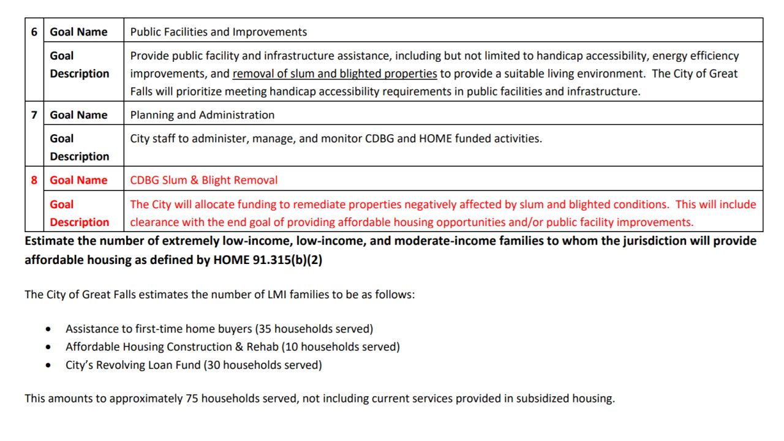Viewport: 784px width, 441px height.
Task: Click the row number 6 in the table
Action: pyautogui.click(x=34, y=32)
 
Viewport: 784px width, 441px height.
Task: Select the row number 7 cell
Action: pyautogui.click(x=34, y=115)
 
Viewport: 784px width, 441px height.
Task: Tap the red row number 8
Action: pyautogui.click(x=34, y=180)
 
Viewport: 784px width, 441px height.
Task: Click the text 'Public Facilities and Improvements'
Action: pyautogui.click(x=219, y=32)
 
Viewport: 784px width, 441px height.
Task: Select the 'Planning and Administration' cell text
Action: pyautogui.click(x=202, y=115)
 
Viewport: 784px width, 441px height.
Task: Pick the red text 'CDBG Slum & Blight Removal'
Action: pyautogui.click(x=203, y=180)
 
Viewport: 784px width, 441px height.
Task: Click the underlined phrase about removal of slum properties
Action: pyautogui.click(x=334, y=73)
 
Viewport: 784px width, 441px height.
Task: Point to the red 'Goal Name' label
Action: pyautogui.click(x=78, y=180)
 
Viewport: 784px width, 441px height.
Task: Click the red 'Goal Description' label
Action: pyautogui.click(x=79, y=213)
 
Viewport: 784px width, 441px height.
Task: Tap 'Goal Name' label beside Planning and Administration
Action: pyautogui.click(x=78, y=115)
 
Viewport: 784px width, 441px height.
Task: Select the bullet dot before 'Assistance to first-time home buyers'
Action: pyautogui.click(x=49, y=330)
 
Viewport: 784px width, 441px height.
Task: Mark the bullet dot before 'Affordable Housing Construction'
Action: pyautogui.click(x=49, y=347)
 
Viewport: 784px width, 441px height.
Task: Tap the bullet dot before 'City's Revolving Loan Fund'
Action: pyautogui.click(x=49, y=366)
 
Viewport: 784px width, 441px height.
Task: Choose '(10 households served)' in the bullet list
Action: pyautogui.click(x=341, y=347)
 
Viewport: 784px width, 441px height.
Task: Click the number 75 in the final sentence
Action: pyautogui.click(x=192, y=398)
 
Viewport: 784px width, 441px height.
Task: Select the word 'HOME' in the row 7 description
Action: pyautogui.click(x=435, y=138)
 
